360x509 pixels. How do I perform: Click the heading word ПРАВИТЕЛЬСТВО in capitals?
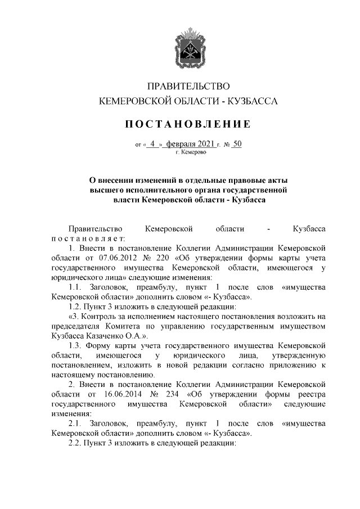coord(188,86)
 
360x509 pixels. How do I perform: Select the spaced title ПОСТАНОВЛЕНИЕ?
coord(188,124)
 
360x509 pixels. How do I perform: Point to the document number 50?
coord(237,144)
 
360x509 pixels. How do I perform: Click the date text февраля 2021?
coord(192,144)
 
